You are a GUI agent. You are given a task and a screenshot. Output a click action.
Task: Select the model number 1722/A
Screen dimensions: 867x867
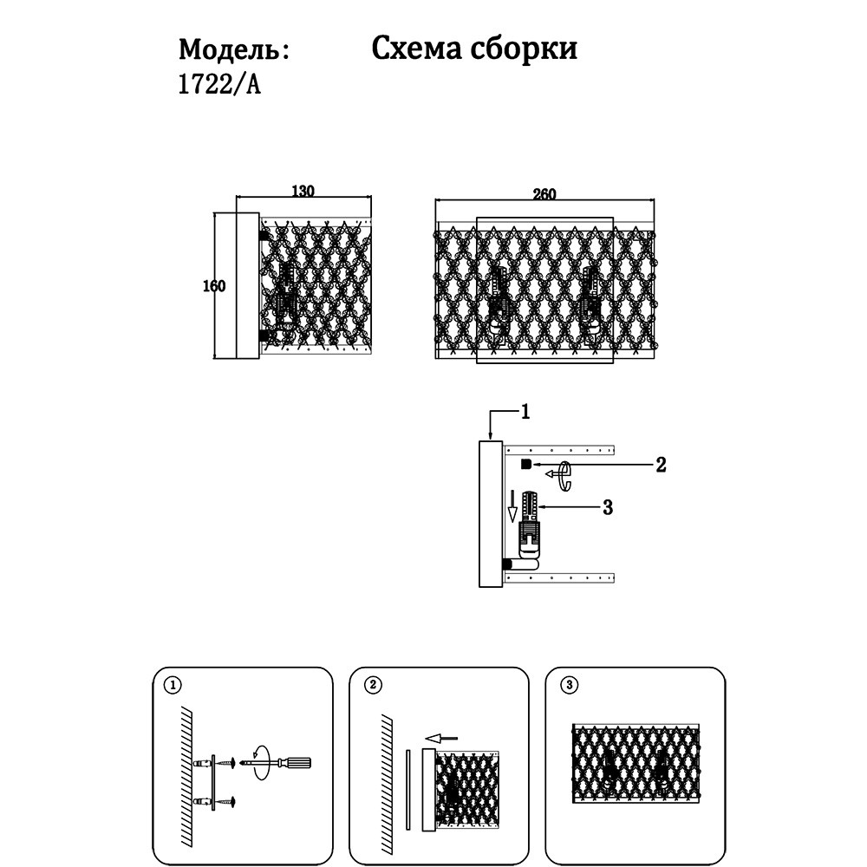click(x=219, y=87)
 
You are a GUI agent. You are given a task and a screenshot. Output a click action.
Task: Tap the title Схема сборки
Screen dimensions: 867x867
click(x=474, y=48)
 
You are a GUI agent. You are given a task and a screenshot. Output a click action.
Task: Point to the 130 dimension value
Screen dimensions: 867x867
click(x=302, y=192)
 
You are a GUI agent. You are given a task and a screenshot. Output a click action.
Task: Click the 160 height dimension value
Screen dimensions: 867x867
click(x=214, y=286)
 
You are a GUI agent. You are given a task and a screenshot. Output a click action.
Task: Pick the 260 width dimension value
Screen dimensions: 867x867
click(x=544, y=193)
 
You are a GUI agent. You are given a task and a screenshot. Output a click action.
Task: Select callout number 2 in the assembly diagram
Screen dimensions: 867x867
click(x=660, y=465)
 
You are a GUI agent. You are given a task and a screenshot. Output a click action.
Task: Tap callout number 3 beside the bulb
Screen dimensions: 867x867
click(x=607, y=507)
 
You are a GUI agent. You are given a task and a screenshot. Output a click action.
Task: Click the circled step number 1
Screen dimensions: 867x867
click(x=173, y=685)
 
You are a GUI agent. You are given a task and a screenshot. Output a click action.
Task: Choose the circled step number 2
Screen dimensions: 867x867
click(x=372, y=685)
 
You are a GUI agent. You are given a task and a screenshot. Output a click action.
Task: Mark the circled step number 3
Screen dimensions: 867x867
click(x=569, y=685)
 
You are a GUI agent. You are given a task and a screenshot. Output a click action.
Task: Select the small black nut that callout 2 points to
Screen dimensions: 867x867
click(x=525, y=466)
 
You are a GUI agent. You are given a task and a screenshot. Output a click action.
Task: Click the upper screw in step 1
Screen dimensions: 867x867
click(x=226, y=762)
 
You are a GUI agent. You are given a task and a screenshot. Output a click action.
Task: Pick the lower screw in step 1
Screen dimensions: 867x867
click(x=226, y=801)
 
